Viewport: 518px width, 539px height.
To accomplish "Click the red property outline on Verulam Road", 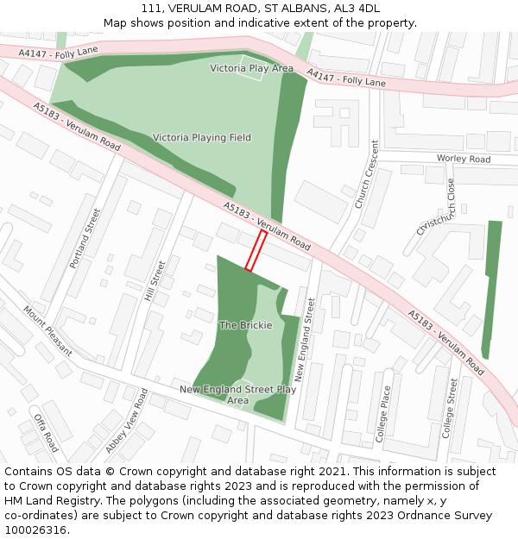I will point(256,251).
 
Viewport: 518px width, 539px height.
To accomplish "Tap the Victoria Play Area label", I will point(252,68).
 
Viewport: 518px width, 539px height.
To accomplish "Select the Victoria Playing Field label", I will point(202,137).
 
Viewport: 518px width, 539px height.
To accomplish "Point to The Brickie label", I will point(245,325).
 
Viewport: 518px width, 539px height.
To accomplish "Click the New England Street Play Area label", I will point(237,394).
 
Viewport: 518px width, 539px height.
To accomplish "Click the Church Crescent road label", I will point(367,174).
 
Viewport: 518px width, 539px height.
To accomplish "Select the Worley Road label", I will point(463,160).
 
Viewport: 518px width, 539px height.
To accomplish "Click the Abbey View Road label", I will point(126,421).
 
